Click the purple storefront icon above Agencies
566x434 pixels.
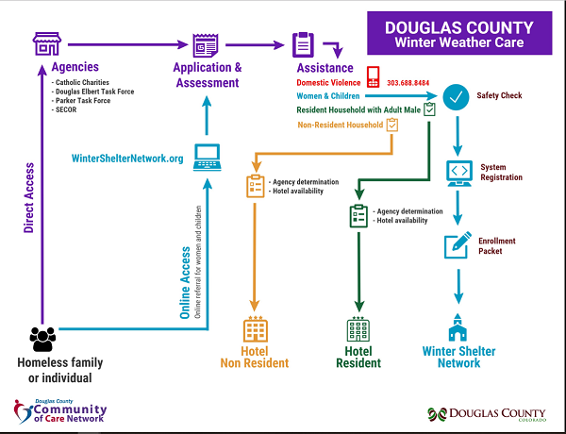point(47,43)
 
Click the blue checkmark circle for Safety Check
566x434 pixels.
point(458,96)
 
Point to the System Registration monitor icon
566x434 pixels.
point(459,173)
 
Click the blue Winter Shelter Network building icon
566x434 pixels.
point(459,326)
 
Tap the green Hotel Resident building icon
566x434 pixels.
point(358,330)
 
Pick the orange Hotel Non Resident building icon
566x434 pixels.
point(256,329)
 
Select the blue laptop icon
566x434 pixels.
point(208,158)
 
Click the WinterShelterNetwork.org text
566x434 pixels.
point(127,158)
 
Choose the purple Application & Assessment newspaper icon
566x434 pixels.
point(206,44)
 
